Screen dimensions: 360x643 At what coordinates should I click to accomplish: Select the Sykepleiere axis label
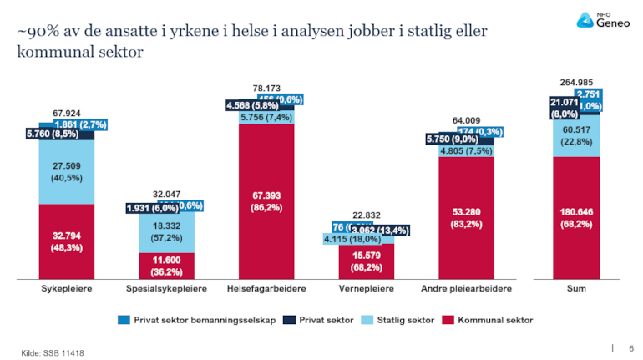click(x=66, y=288)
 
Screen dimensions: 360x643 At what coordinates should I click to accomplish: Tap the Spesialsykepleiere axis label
click(x=166, y=288)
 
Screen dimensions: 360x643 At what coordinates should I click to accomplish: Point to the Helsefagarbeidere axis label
click(x=266, y=288)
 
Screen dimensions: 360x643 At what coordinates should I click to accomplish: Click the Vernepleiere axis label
click(x=366, y=288)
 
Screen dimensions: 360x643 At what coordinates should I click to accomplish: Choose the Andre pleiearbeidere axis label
click(x=466, y=288)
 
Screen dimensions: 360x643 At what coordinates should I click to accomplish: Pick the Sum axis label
click(x=575, y=288)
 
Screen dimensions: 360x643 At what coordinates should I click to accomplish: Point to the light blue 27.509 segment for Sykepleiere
click(x=66, y=172)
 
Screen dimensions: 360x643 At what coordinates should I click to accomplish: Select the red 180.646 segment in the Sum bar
click(x=575, y=217)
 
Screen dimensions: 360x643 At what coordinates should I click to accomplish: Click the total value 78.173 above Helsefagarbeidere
click(x=266, y=87)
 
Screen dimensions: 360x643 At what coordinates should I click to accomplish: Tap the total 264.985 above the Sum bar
click(x=575, y=82)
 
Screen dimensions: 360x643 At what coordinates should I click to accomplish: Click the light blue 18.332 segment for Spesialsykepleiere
click(x=166, y=231)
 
